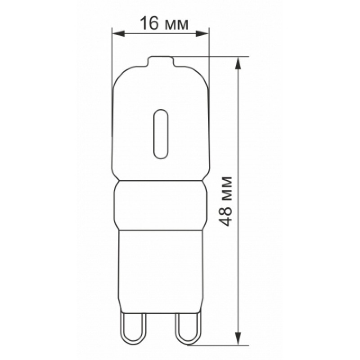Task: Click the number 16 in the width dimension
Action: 149,23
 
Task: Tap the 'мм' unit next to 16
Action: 176,25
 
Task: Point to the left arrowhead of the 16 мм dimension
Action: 118,34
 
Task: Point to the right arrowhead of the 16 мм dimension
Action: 202,34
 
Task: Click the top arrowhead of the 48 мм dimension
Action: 238,63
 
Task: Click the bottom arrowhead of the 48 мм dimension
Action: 238,338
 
